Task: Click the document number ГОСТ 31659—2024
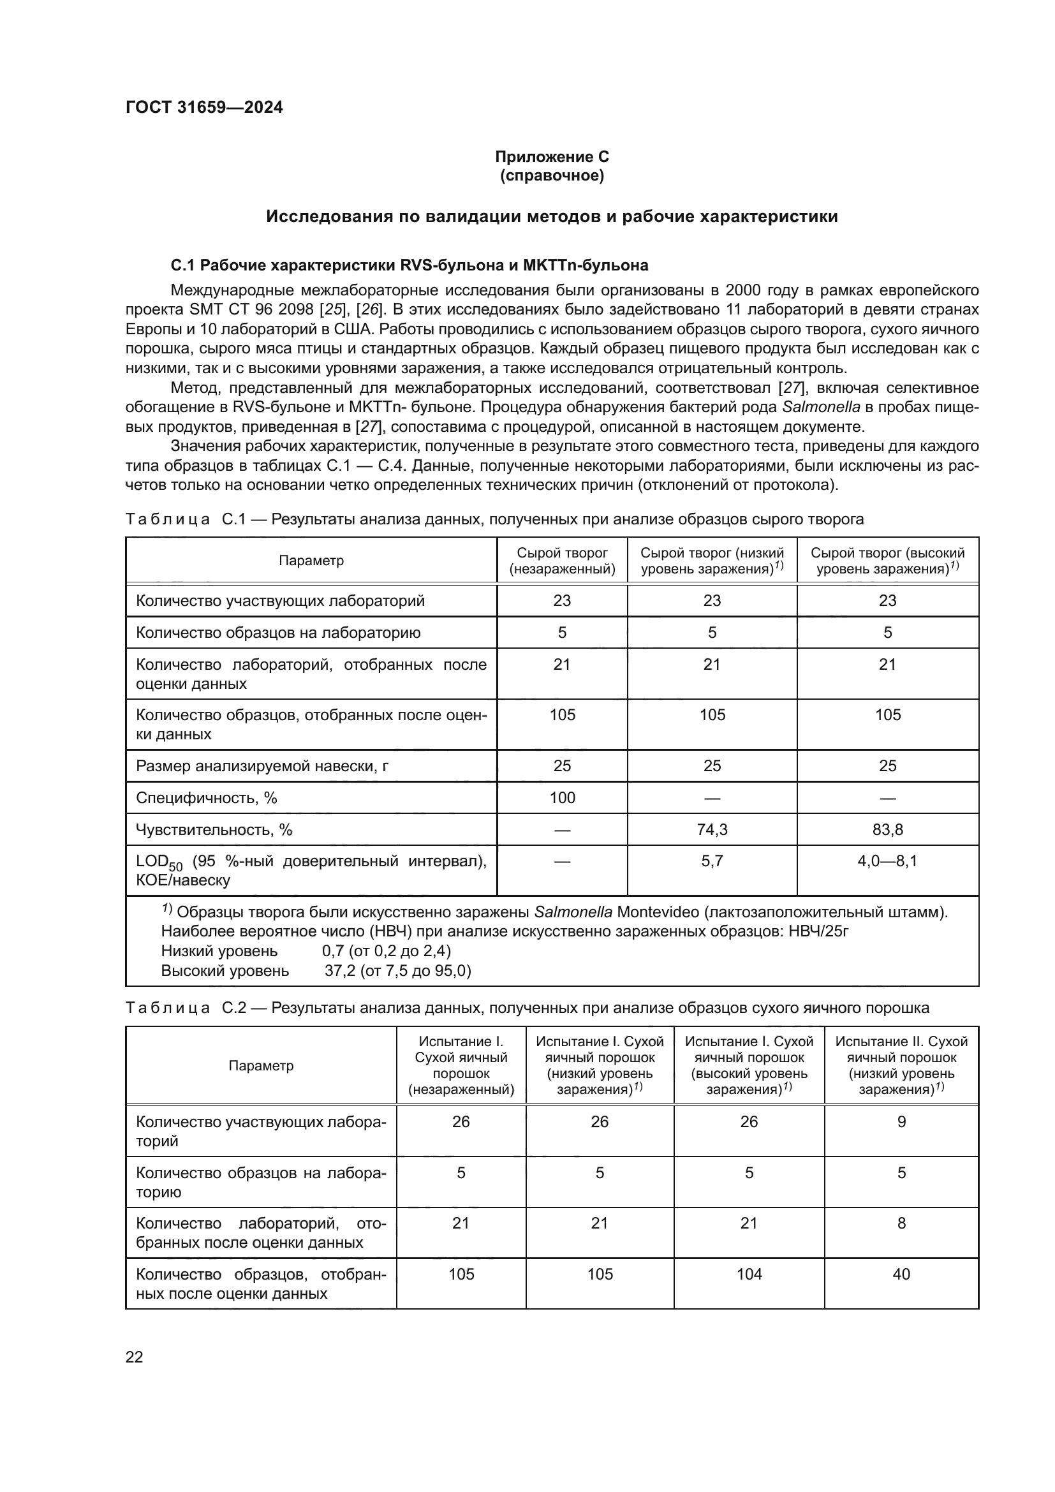(204, 107)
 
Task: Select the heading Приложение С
(552, 157)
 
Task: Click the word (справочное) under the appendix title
(552, 175)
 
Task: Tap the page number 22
(134, 1357)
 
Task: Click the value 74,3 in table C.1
(711, 830)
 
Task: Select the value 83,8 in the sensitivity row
(887, 830)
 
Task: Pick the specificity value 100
(562, 798)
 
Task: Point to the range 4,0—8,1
(887, 862)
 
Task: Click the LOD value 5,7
(711, 862)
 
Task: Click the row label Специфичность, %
(207, 798)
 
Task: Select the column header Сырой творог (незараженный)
(562, 561)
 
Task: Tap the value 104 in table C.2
(748, 1274)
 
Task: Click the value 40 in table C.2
(901, 1274)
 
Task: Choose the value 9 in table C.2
(901, 1121)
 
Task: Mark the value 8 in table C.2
(901, 1223)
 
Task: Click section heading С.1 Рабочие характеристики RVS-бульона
(409, 265)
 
